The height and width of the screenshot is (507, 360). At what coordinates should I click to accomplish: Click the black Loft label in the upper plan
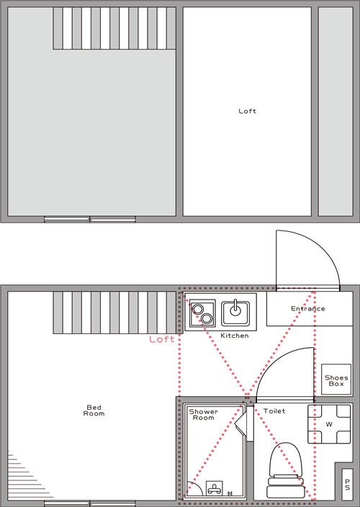(x=247, y=111)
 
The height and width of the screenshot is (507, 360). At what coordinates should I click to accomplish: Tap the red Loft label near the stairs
(x=161, y=339)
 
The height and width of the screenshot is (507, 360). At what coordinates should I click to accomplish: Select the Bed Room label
(x=94, y=410)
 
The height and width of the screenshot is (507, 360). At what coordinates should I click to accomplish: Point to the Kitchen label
(x=235, y=336)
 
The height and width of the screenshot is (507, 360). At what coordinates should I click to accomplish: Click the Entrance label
(x=308, y=308)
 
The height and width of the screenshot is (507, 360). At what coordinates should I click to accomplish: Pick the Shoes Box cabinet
(x=336, y=380)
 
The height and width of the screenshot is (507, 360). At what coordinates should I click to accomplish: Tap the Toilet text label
(x=274, y=411)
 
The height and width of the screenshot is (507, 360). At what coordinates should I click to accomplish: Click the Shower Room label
(x=203, y=415)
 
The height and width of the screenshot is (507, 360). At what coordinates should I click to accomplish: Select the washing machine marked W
(x=329, y=424)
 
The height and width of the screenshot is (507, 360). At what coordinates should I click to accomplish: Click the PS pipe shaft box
(x=347, y=484)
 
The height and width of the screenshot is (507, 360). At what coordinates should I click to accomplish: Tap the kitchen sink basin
(x=235, y=313)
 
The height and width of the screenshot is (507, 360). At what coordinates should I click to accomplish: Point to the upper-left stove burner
(x=197, y=309)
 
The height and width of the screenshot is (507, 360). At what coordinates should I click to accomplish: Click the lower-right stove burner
(x=207, y=318)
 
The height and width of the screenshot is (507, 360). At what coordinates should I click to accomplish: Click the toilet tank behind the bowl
(x=286, y=488)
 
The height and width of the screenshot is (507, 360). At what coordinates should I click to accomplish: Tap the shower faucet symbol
(x=214, y=488)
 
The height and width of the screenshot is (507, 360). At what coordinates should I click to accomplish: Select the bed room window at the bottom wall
(x=90, y=503)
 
